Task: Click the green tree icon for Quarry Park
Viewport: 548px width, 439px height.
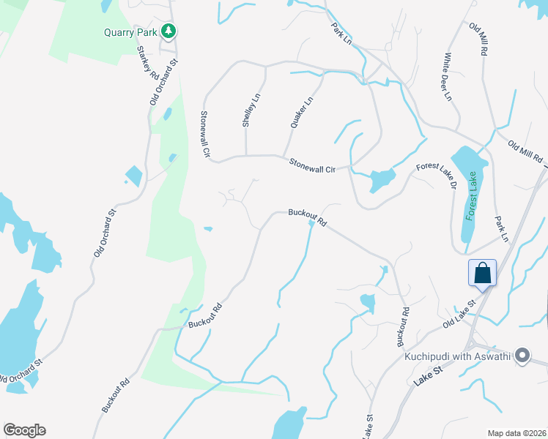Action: tap(169, 31)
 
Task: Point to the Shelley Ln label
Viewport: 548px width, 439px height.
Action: tap(251, 110)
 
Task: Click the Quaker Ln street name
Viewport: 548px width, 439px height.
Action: tap(301, 112)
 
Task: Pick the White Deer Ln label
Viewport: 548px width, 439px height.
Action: tap(446, 76)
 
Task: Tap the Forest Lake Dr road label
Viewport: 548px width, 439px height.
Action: tap(436, 176)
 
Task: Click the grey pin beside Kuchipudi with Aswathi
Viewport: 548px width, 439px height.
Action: tap(522, 356)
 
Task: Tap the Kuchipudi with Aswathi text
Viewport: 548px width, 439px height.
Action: tap(459, 357)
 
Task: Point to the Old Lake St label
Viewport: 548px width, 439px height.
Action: tap(459, 312)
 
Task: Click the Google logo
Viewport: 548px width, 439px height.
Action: tap(24, 430)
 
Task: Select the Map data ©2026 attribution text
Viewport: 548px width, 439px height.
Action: tap(516, 433)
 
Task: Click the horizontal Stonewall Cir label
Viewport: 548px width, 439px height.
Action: tap(311, 165)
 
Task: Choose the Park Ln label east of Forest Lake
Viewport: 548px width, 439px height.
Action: tap(501, 229)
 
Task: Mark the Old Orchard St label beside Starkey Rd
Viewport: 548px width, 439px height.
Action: tap(163, 83)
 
